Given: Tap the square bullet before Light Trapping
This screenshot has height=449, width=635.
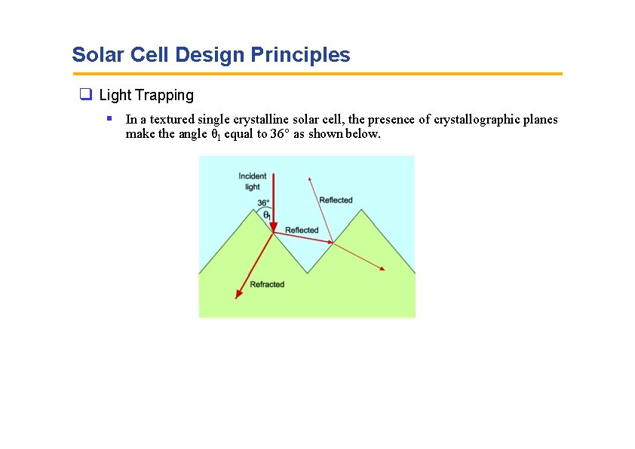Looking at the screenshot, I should point(86,95).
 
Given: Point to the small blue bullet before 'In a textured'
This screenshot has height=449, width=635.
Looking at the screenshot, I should point(109,118).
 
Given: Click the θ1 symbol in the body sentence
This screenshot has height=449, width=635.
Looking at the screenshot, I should point(215,135).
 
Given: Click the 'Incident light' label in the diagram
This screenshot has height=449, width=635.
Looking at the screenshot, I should point(253,182).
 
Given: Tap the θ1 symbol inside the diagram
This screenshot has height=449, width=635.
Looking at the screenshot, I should point(266,215).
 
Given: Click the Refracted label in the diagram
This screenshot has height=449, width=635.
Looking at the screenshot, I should point(267,284).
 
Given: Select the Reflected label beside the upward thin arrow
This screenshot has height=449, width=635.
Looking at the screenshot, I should point(336,200).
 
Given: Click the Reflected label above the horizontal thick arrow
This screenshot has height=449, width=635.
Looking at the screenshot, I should point(302,230).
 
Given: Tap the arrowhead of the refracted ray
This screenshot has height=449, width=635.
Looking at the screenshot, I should point(238,295).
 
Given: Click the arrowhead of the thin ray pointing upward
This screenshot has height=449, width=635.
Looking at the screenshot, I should point(309,179).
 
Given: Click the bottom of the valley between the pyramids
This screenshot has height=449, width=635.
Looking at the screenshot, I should point(307,273).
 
